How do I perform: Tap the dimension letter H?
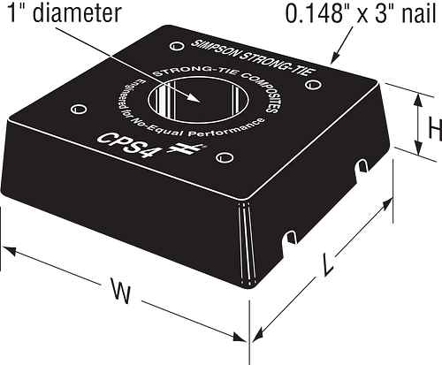coord(434,129)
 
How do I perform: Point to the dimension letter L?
coord(329,262)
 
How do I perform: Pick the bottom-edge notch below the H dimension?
coord(362,168)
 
